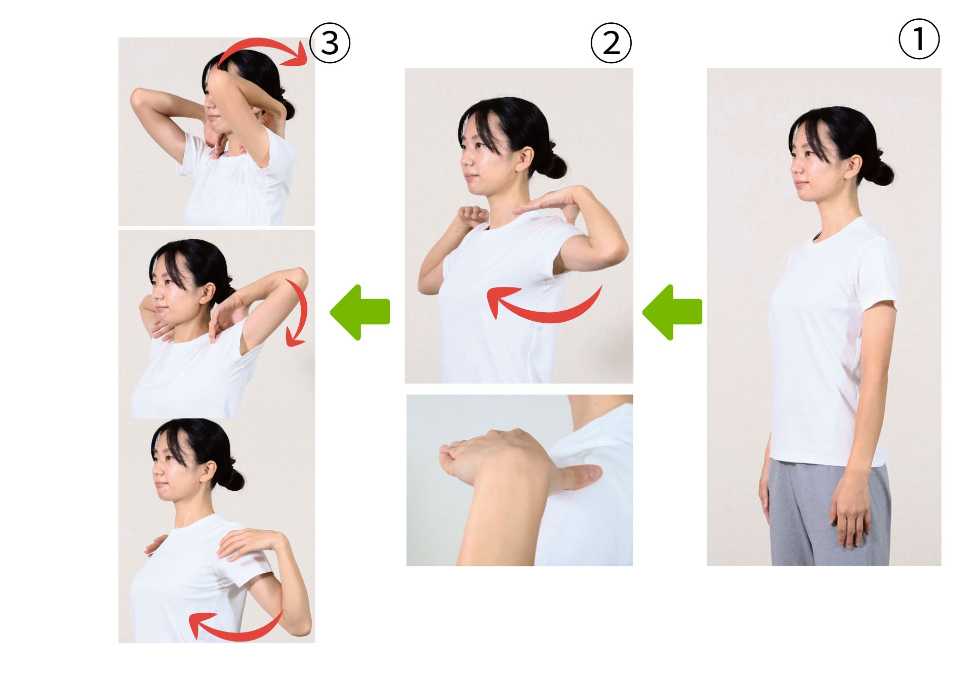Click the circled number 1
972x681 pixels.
tap(919, 39)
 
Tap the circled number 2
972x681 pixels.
tap(611, 43)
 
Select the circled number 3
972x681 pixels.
tap(330, 43)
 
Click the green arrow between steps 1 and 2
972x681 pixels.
tap(672, 312)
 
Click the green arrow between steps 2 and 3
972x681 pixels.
tap(360, 312)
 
